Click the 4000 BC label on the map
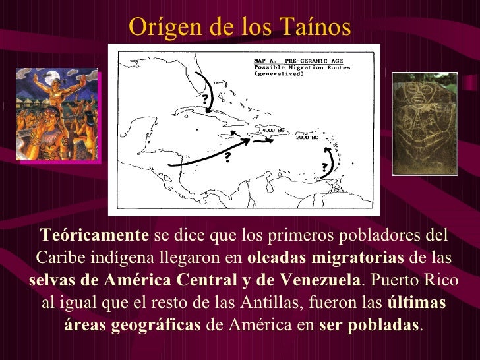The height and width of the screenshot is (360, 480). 273,131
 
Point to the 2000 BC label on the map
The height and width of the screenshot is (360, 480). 307,138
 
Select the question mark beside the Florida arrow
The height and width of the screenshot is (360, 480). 205,100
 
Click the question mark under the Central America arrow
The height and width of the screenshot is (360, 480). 227,156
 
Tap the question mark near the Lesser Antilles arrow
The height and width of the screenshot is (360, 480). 324,165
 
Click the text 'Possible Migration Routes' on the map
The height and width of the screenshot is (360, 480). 303,67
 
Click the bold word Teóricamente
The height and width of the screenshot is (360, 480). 95,235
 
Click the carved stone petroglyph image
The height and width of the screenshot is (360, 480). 425,123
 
